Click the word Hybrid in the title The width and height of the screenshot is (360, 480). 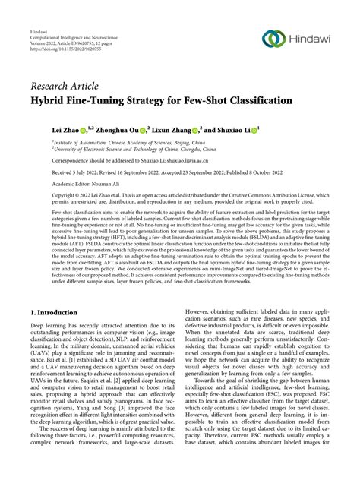click(x=50, y=99)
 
